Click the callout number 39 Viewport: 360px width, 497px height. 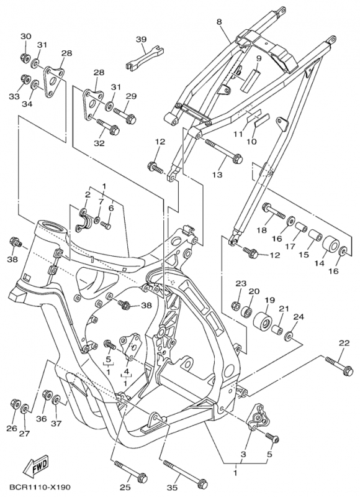(x=141, y=40)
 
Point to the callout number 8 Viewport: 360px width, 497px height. (x=219, y=22)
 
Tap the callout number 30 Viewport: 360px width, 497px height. (x=25, y=37)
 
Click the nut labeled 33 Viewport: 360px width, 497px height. (x=26, y=80)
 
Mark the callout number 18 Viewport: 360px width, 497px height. (x=261, y=230)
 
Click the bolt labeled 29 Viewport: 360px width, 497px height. (x=124, y=116)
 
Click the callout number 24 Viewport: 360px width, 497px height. (x=299, y=317)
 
